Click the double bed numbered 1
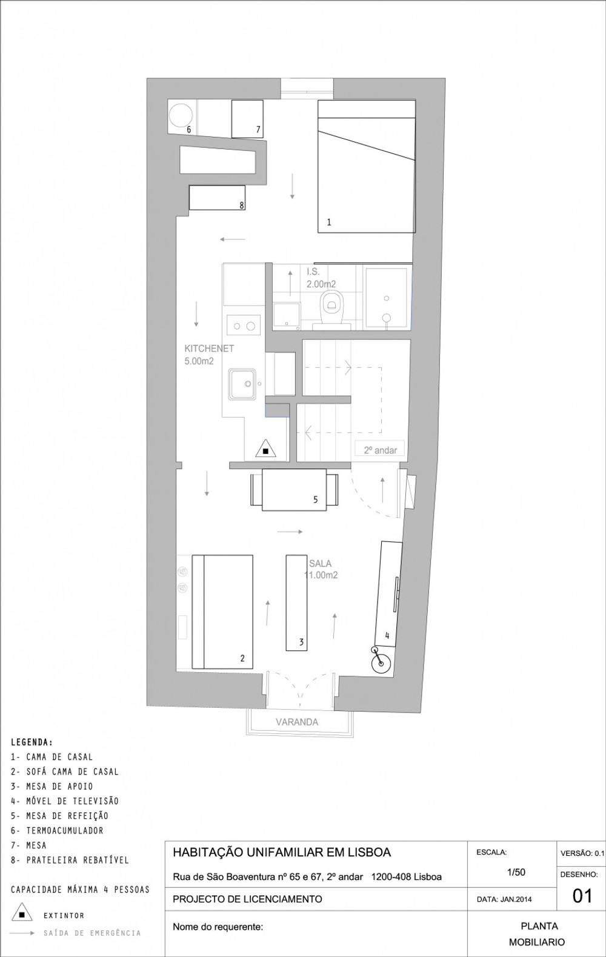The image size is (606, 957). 367,167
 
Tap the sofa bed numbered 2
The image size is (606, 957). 222,612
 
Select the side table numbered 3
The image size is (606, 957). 296,602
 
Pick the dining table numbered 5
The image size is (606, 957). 295,490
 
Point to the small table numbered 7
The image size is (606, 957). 247,119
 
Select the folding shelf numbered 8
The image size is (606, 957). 217,198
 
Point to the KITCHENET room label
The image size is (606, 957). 209,348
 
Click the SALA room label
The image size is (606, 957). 321,563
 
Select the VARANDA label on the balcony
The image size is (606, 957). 297,722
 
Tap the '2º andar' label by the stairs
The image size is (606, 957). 381,450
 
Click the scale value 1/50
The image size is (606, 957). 516,872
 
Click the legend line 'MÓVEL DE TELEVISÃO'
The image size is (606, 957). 64,801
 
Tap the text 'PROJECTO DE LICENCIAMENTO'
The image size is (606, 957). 247,899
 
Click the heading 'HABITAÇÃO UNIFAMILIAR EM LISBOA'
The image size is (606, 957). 282,852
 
